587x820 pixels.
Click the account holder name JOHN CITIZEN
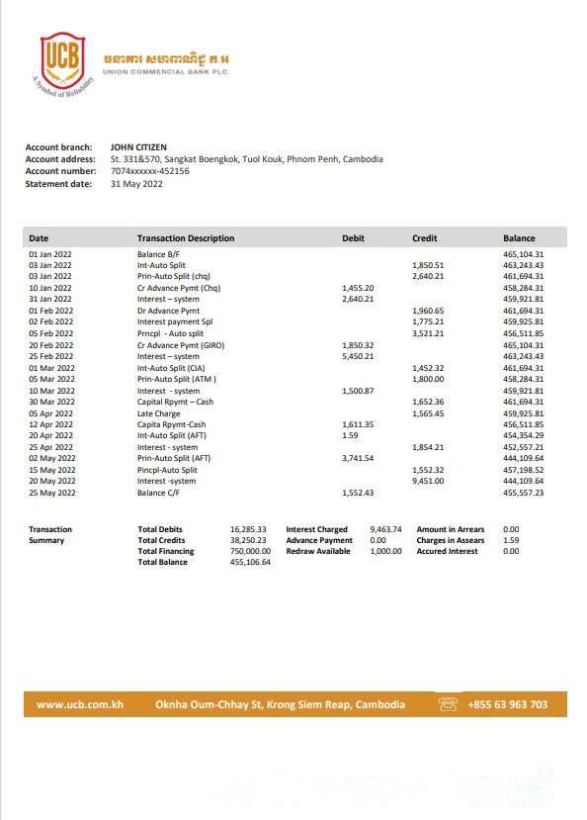click(138, 147)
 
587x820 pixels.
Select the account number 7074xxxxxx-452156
click(150, 171)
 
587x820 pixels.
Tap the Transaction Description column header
click(186, 238)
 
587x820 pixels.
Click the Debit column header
click(353, 238)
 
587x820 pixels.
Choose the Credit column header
click(424, 238)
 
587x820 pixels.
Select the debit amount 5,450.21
click(358, 356)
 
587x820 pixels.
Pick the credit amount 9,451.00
click(428, 481)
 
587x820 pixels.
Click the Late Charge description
click(158, 413)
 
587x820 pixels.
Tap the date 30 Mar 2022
click(50, 402)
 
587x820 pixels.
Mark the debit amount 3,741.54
click(358, 458)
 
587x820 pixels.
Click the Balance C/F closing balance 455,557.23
click(524, 493)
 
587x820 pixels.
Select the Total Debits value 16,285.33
click(248, 529)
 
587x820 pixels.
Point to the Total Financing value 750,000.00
click(250, 551)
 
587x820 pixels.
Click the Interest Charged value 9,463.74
click(385, 529)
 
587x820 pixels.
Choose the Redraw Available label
click(318, 551)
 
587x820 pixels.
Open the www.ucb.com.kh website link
click(79, 704)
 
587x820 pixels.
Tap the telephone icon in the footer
click(449, 704)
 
